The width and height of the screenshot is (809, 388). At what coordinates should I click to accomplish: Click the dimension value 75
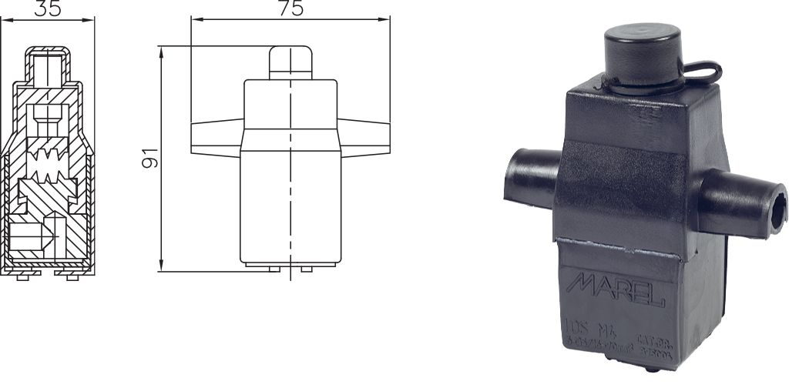[290, 8]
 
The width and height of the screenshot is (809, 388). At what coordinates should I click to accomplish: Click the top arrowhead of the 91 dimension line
[160, 50]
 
